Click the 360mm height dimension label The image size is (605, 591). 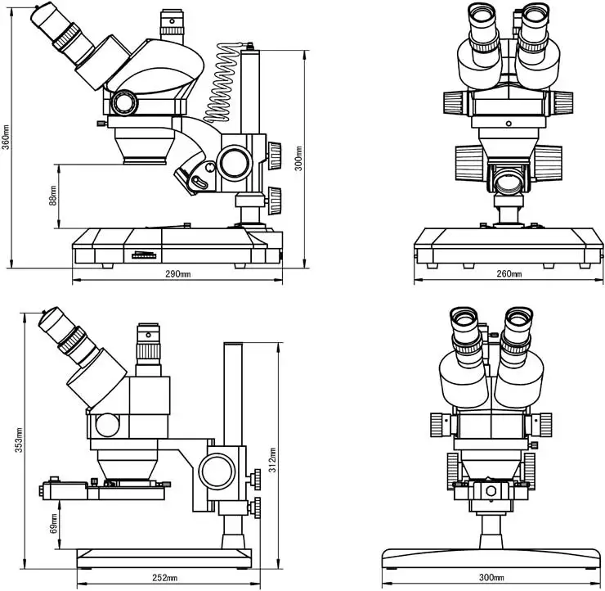[x=6, y=136]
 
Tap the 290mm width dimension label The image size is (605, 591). [x=177, y=273]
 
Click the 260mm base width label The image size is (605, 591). [x=509, y=273]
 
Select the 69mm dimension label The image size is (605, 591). [x=53, y=523]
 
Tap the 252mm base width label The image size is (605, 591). [x=164, y=579]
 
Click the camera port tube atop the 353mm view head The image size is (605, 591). [x=149, y=348]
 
